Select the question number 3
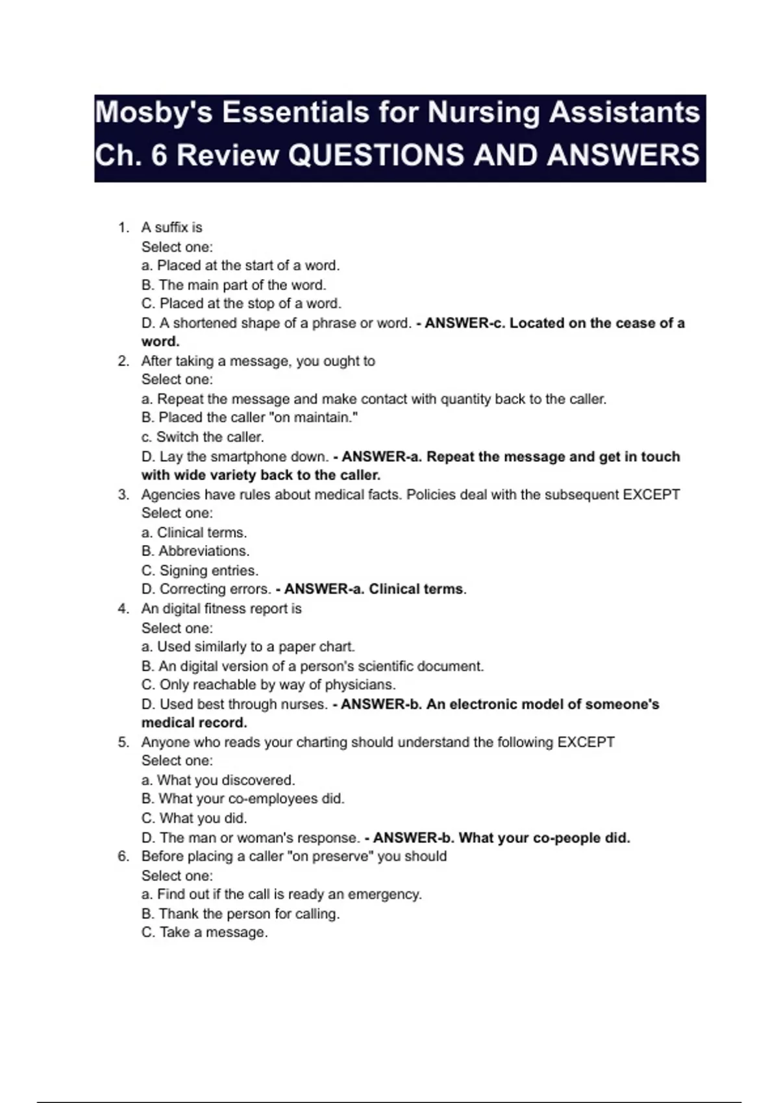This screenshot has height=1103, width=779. coord(123,494)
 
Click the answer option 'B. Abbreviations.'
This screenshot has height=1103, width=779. coord(195,551)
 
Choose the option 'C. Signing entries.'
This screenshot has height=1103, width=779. coord(200,570)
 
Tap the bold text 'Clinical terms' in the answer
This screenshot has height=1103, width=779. coord(416,589)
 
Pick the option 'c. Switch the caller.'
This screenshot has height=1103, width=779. coord(203,437)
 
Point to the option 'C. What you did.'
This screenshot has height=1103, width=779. coord(194,818)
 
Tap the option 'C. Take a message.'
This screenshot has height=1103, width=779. coord(204,932)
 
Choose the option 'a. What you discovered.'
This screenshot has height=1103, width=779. coord(218,780)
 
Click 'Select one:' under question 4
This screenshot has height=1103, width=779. coord(177,628)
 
